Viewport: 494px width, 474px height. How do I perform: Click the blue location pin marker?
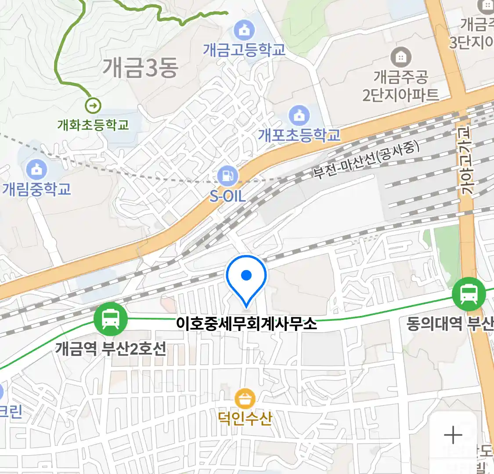coord(246,276)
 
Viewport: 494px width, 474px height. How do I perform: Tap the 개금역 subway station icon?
coord(110,320)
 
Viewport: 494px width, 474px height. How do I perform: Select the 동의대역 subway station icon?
coord(469,294)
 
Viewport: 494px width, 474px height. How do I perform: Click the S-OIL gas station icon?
coord(227,176)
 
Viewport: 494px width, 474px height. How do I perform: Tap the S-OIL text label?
coord(227,196)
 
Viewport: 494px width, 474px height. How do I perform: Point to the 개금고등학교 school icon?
coord(245,30)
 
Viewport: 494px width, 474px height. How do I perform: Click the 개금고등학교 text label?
coord(244,50)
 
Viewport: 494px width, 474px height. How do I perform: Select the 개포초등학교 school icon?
coord(299,116)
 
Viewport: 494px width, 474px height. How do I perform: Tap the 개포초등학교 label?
coord(299,135)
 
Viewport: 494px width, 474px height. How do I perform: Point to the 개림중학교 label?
coord(37,189)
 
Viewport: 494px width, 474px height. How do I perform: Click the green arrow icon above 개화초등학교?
coord(93,105)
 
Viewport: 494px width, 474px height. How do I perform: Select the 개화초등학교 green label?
coord(93,125)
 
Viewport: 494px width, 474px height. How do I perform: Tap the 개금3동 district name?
coord(141,68)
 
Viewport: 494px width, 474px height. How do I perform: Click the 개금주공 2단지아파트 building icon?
coord(400,57)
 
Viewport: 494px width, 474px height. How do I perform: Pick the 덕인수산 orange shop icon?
coord(245,399)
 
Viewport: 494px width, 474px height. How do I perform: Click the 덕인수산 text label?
coord(245,418)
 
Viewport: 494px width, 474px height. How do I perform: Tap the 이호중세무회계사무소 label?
coord(246,324)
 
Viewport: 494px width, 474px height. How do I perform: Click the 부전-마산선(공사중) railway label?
coord(366,160)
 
